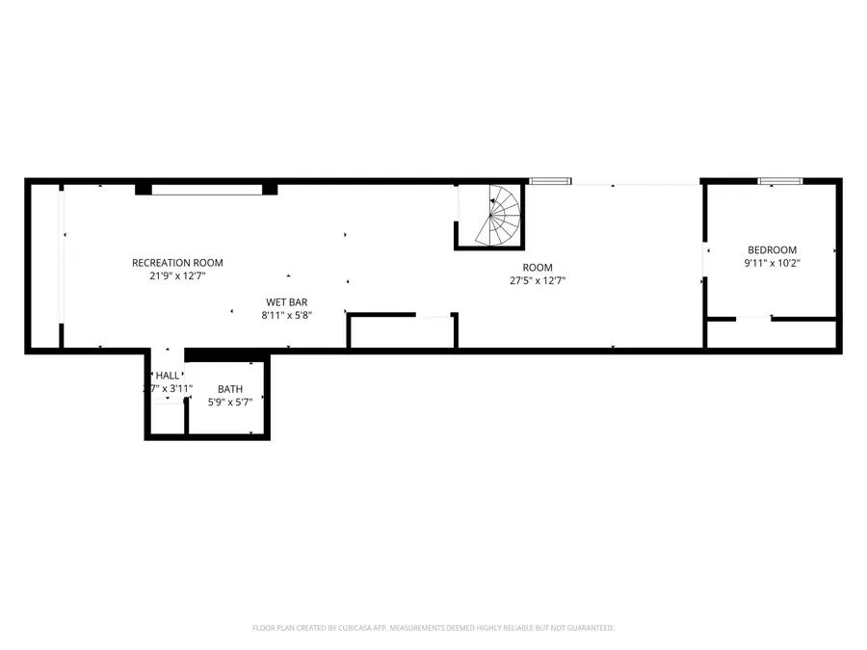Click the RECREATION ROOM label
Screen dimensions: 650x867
[x=177, y=263]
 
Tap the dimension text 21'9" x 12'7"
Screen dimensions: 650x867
[x=177, y=275]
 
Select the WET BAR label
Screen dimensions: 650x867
[x=287, y=301]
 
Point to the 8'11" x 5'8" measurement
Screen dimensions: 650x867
[x=287, y=315]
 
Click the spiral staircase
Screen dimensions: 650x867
[x=496, y=217]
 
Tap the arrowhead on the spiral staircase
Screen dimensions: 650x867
[x=492, y=201]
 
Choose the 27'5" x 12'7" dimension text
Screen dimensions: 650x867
[x=538, y=281]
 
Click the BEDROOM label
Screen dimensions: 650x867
[x=772, y=249]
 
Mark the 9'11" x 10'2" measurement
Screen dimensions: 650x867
[x=772, y=262]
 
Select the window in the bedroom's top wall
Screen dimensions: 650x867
[x=779, y=180]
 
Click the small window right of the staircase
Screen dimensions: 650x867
[x=550, y=180]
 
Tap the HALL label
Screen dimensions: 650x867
[x=168, y=376]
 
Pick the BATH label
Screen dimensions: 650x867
[x=229, y=389]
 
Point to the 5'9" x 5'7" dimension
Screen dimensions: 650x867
[x=229, y=402]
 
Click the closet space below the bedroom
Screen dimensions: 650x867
[x=771, y=333]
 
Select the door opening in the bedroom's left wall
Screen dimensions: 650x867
[x=705, y=263]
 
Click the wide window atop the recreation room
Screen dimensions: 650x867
[x=207, y=189]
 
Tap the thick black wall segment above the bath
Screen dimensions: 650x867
[x=227, y=355]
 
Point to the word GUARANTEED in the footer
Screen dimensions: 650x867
[x=589, y=628]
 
